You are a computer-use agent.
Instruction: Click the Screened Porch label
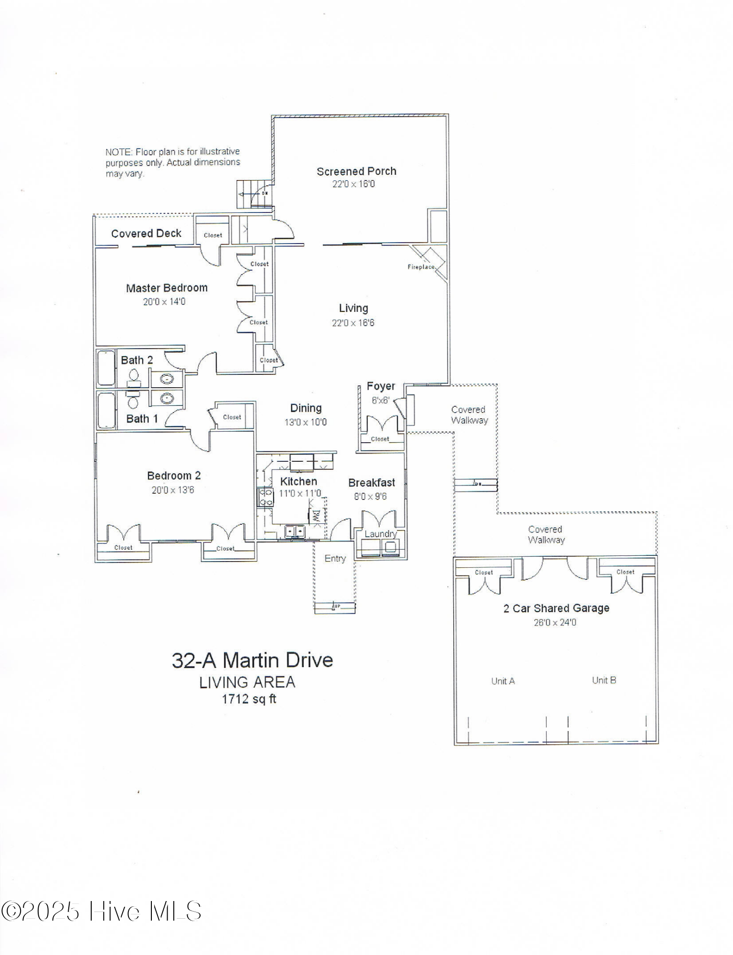click(x=356, y=171)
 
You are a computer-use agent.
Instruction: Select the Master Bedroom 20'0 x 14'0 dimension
click(x=164, y=302)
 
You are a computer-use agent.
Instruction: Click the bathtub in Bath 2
click(x=106, y=368)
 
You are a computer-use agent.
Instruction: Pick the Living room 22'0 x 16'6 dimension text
click(x=353, y=323)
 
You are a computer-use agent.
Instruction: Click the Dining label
click(x=306, y=408)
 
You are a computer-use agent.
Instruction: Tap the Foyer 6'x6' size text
click(x=381, y=400)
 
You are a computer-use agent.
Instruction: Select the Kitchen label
click(x=298, y=481)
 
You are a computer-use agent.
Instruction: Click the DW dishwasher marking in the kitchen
click(x=316, y=515)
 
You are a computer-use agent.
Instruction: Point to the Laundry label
click(x=381, y=534)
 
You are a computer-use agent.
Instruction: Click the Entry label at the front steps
click(x=335, y=558)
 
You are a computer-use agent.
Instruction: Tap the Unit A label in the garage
click(x=503, y=681)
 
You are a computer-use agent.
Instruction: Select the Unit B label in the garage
click(x=604, y=680)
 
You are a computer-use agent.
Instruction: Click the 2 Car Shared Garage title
click(x=556, y=608)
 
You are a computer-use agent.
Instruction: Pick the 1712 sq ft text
click(x=249, y=699)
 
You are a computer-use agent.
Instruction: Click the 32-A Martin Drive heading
click(x=252, y=660)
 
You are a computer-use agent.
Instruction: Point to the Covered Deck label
click(x=146, y=233)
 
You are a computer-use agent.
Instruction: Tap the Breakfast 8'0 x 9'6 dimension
click(x=370, y=497)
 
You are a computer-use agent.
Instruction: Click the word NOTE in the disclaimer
click(x=118, y=152)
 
